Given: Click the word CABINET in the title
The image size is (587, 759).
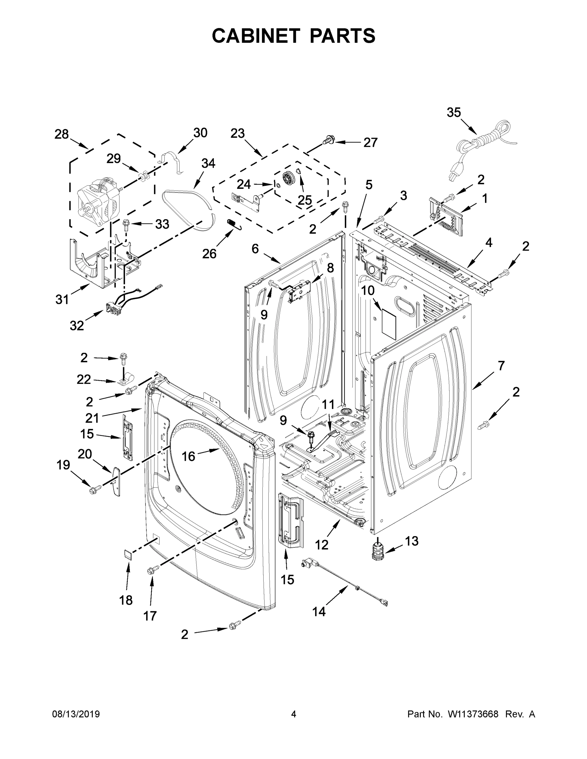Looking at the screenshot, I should click(256, 36).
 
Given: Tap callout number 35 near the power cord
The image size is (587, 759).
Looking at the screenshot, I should click(453, 113).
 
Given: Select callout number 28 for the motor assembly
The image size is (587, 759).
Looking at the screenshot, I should click(62, 134).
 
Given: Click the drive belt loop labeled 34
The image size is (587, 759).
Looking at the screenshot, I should click(188, 208).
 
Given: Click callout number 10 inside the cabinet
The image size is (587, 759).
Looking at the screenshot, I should click(368, 290).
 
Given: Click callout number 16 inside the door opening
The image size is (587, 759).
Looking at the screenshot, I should click(189, 456).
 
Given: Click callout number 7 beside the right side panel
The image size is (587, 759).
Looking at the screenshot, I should click(501, 366).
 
